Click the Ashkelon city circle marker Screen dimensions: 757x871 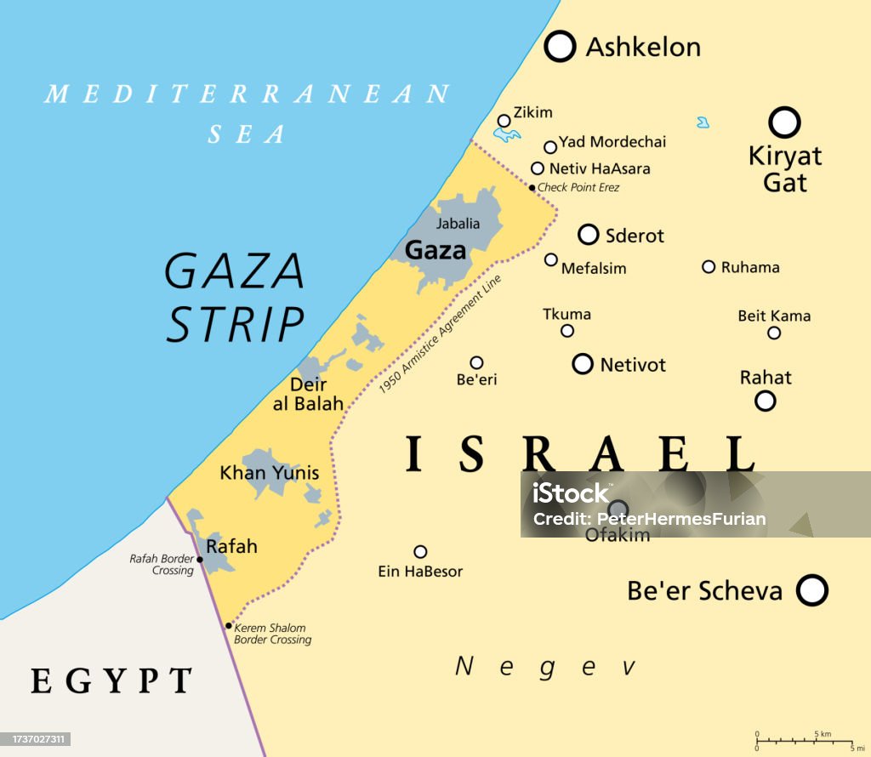click(560, 46)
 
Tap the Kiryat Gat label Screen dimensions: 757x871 click(784, 168)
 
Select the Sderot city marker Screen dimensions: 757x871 click(588, 235)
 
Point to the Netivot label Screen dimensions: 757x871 click(633, 365)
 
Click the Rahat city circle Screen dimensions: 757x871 click(766, 401)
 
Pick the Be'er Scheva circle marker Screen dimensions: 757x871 click(812, 589)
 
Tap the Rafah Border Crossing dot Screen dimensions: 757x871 click(200, 560)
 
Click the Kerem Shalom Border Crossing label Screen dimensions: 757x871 click(272, 634)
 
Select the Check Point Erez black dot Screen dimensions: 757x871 click(532, 188)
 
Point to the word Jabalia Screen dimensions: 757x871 click(458, 224)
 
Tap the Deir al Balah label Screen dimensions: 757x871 click(308, 395)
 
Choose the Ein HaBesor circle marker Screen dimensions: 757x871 click(420, 551)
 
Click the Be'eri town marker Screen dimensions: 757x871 click(476, 362)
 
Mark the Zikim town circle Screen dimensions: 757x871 click(504, 121)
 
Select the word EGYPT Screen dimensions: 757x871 click(111, 680)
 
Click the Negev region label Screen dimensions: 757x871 click(545, 666)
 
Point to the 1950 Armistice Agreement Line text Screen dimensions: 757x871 click(440, 334)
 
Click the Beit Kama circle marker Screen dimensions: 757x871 click(774, 333)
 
